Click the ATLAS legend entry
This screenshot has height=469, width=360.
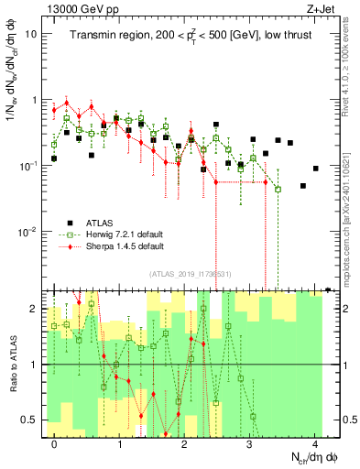(x=104, y=222)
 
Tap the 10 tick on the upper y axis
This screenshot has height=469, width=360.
(x=31, y=34)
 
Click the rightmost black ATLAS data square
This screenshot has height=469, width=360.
(x=315, y=169)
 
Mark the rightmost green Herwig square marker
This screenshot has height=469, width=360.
(x=278, y=189)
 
